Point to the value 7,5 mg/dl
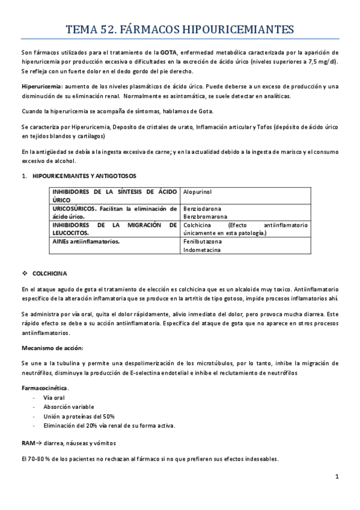click(320, 62)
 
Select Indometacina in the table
click(203, 250)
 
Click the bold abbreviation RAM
click(28, 443)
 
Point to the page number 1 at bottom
click(338, 478)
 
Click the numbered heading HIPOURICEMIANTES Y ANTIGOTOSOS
click(84, 176)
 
